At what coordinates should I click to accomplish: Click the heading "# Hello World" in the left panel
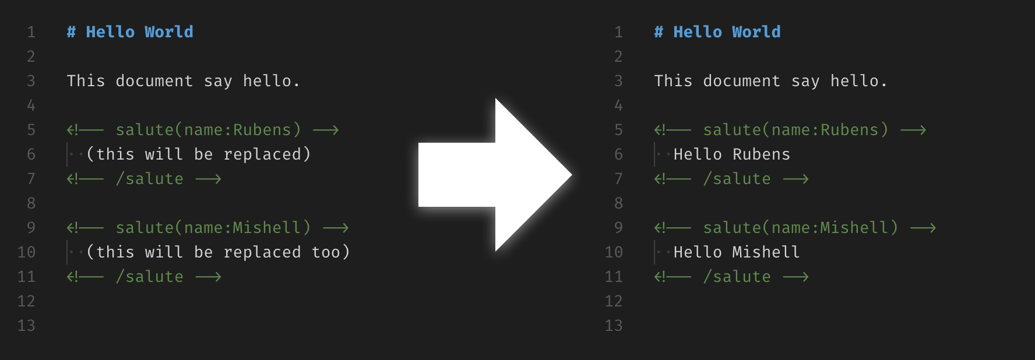coord(130,32)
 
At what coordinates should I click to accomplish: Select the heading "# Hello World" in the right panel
coord(717,32)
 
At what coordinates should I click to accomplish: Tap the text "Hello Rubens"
coord(732,154)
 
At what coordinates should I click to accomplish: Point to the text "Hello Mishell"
coord(737,252)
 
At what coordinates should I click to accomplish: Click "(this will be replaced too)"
coord(218,252)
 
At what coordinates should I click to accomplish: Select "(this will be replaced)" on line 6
coord(198,154)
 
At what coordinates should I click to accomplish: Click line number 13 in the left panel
coord(26,326)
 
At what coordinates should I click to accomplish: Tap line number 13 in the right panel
coord(614,326)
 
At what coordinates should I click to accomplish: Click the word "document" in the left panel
coord(154,81)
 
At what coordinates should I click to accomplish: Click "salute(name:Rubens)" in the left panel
coord(208,130)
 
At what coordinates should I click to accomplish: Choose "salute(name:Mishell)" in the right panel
coord(801,228)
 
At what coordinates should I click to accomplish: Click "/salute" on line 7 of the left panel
coord(150,179)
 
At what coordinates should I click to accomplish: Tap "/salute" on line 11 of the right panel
coord(737,277)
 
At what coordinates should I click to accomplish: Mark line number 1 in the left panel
coord(31,32)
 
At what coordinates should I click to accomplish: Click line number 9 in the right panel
coord(618,228)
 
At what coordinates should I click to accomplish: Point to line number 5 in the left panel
coord(31,130)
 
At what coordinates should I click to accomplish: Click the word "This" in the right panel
coord(673,81)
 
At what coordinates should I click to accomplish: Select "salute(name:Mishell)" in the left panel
coord(213,228)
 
